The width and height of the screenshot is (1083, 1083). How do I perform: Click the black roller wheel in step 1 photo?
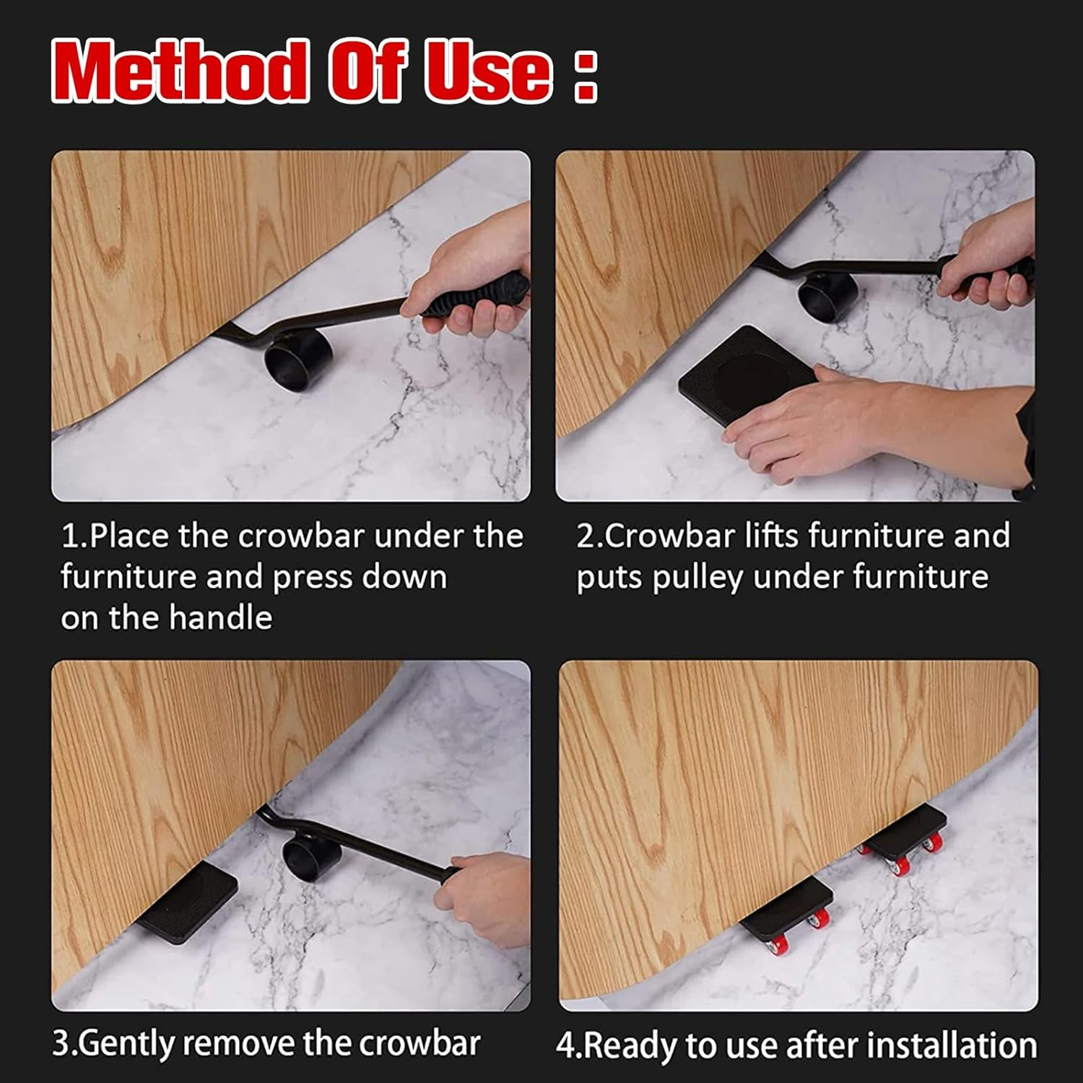coord(297,360)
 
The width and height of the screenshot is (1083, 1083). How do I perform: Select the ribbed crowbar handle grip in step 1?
coord(473,296)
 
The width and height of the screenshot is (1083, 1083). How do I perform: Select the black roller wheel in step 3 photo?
coord(311,856)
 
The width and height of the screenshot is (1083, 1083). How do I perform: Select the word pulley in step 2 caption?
coord(697,578)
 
